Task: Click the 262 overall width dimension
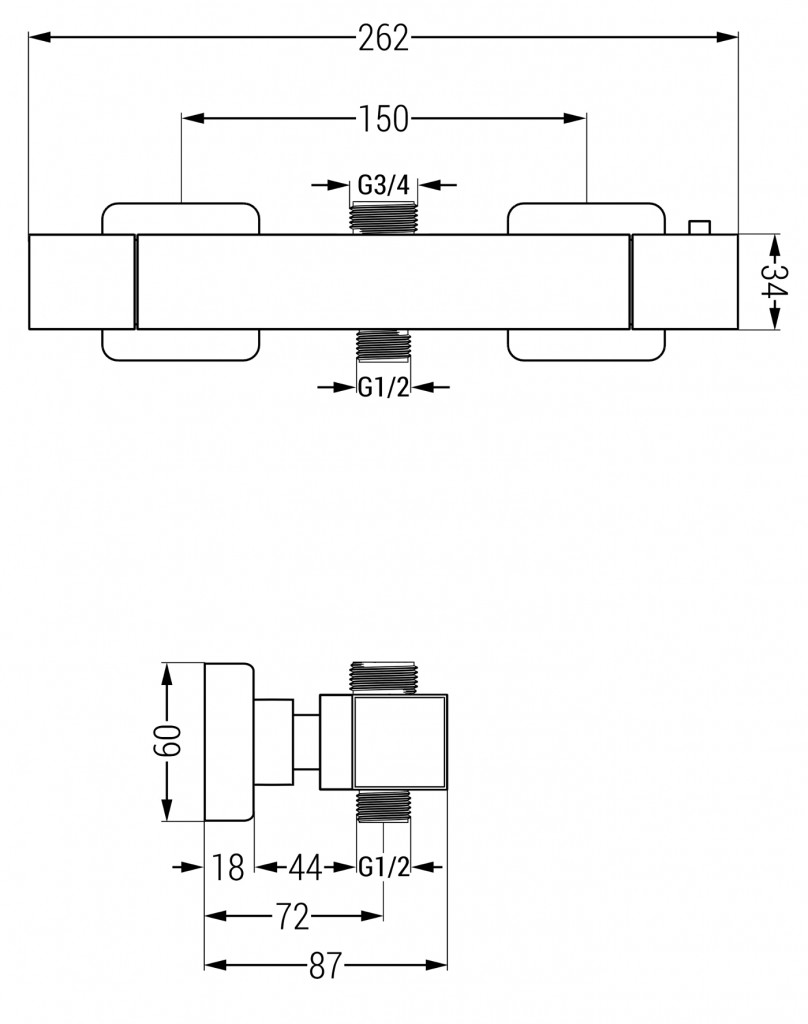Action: pyautogui.click(x=383, y=38)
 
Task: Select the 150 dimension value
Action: pyautogui.click(x=383, y=119)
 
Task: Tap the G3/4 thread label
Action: pyautogui.click(x=383, y=185)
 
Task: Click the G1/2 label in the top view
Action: pyautogui.click(x=383, y=387)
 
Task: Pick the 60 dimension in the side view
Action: pyautogui.click(x=166, y=742)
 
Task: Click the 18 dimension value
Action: pyautogui.click(x=229, y=867)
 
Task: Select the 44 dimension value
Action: pyautogui.click(x=305, y=867)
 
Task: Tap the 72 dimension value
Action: pyautogui.click(x=292, y=916)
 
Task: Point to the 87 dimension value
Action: pyautogui.click(x=325, y=965)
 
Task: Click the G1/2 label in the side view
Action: pyautogui.click(x=383, y=867)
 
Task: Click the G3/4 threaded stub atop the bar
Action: pyautogui.click(x=383, y=218)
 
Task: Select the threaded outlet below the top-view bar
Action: pyautogui.click(x=383, y=345)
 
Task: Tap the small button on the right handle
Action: pyautogui.click(x=699, y=227)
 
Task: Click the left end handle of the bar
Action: pyautogui.click(x=82, y=281)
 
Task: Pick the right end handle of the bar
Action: pyautogui.click(x=685, y=281)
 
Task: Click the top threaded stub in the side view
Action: pyautogui.click(x=383, y=678)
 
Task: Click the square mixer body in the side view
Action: pyautogui.click(x=400, y=742)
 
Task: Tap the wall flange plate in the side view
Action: pyautogui.click(x=229, y=742)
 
